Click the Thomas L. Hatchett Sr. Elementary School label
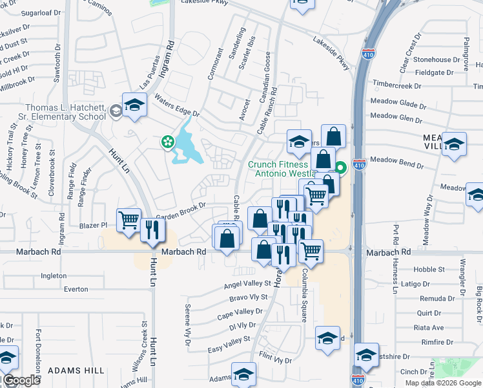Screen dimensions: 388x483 pyautogui.click(x=65, y=112)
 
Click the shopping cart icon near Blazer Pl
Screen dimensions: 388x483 pyautogui.click(x=128, y=221)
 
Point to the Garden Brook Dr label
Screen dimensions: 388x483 pyautogui.click(x=181, y=208)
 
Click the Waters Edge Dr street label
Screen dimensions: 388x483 pyautogui.click(x=176, y=105)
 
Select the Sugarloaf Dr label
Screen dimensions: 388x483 pyautogui.click(x=40, y=13)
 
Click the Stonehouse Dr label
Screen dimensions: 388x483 pyautogui.click(x=441, y=59)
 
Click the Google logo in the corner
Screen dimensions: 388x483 pyautogui.click(x=21, y=380)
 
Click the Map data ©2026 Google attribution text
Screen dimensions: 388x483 pyautogui.click(x=443, y=383)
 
